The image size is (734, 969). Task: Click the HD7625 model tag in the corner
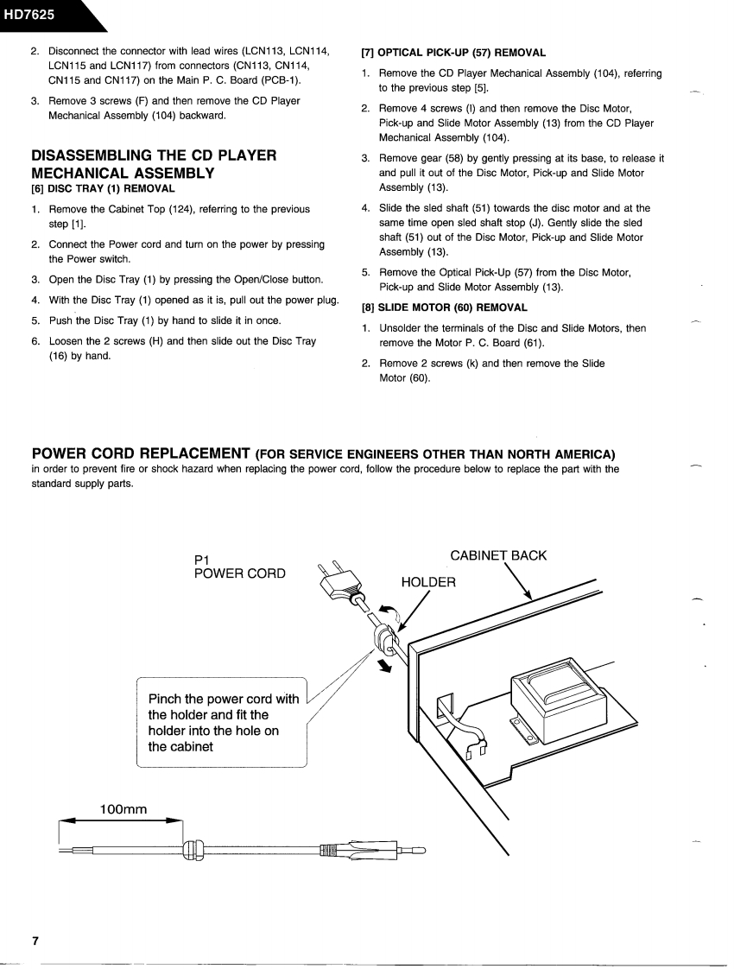coord(28,13)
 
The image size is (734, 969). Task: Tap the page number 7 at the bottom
coord(35,940)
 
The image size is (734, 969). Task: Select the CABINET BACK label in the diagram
coord(498,555)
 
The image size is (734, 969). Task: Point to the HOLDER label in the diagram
coord(428,582)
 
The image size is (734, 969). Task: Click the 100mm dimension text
coord(123,809)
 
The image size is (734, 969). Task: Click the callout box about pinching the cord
coord(223,722)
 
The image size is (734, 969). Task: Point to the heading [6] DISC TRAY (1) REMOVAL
coord(103,188)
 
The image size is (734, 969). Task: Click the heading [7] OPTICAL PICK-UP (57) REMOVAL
coord(453,53)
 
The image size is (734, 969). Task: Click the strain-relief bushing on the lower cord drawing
coord(192,850)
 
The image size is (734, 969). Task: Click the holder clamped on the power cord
coord(383,638)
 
